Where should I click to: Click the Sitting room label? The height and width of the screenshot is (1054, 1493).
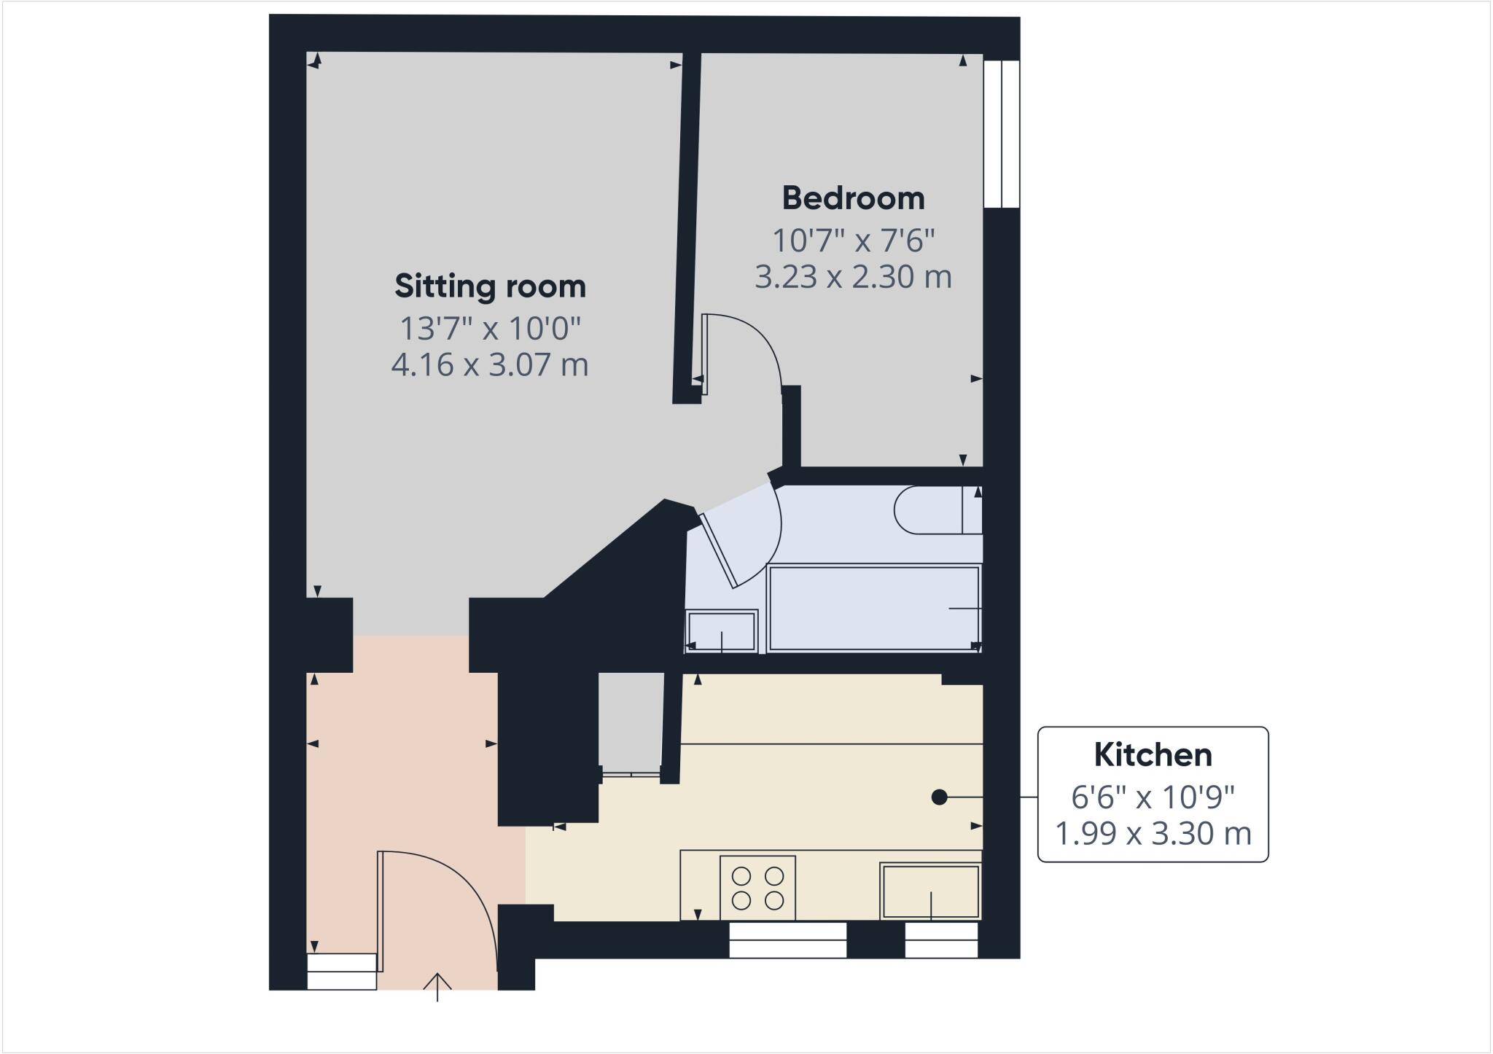point(490,286)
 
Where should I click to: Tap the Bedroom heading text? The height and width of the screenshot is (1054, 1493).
point(853,198)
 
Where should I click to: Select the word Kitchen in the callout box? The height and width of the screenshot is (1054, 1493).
point(1153,755)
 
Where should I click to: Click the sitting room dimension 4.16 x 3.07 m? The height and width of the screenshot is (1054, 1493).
point(490,364)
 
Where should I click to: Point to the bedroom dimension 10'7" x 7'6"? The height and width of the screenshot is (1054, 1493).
point(853,240)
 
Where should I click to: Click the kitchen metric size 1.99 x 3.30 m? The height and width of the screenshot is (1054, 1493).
point(1153,833)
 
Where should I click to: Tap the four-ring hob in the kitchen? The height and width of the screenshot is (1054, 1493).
point(757,888)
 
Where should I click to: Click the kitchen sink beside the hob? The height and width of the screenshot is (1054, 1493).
point(930,891)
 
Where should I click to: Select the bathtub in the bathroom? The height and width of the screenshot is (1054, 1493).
point(873,608)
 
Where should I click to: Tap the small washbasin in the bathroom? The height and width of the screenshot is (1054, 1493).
point(721,631)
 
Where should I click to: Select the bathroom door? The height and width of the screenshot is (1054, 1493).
point(718,551)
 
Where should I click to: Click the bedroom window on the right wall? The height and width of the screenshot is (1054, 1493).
point(1001,134)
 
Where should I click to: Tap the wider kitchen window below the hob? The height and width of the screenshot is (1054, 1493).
point(787,940)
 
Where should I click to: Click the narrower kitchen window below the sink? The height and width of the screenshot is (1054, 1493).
point(940,940)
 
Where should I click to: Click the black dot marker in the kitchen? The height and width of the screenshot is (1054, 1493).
point(939,797)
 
